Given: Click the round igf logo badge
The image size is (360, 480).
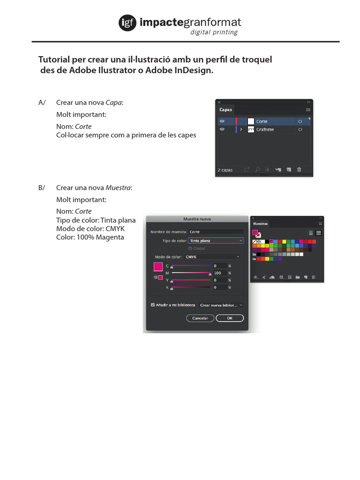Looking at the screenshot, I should tap(127, 22).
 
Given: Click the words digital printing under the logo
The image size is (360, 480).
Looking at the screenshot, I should tap(214, 32).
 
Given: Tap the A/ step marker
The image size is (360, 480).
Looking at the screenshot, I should tap(42, 103).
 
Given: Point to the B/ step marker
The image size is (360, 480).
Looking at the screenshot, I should tap(42, 187).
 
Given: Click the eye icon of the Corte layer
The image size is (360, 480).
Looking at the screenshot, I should tap(222, 121).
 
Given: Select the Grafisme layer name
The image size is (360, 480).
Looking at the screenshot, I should tap(265, 129).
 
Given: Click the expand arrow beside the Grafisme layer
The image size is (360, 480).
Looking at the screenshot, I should tap(241, 129).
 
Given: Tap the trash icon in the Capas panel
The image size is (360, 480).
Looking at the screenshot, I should tap(299, 169).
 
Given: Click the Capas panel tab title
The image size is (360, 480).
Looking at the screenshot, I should tap(226, 110).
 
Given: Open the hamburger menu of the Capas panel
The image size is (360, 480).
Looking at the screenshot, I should tap(308, 110).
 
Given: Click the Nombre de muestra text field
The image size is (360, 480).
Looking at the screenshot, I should tap(216, 232).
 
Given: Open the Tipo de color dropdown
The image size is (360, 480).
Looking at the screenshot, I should tap(216, 240).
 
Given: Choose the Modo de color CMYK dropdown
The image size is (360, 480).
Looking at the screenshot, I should tap(212, 257).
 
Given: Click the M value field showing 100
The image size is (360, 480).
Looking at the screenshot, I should tap(219, 273).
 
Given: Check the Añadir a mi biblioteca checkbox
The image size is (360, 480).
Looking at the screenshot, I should tap(153, 305).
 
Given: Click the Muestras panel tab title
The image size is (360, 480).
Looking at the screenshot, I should tap(261, 224).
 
